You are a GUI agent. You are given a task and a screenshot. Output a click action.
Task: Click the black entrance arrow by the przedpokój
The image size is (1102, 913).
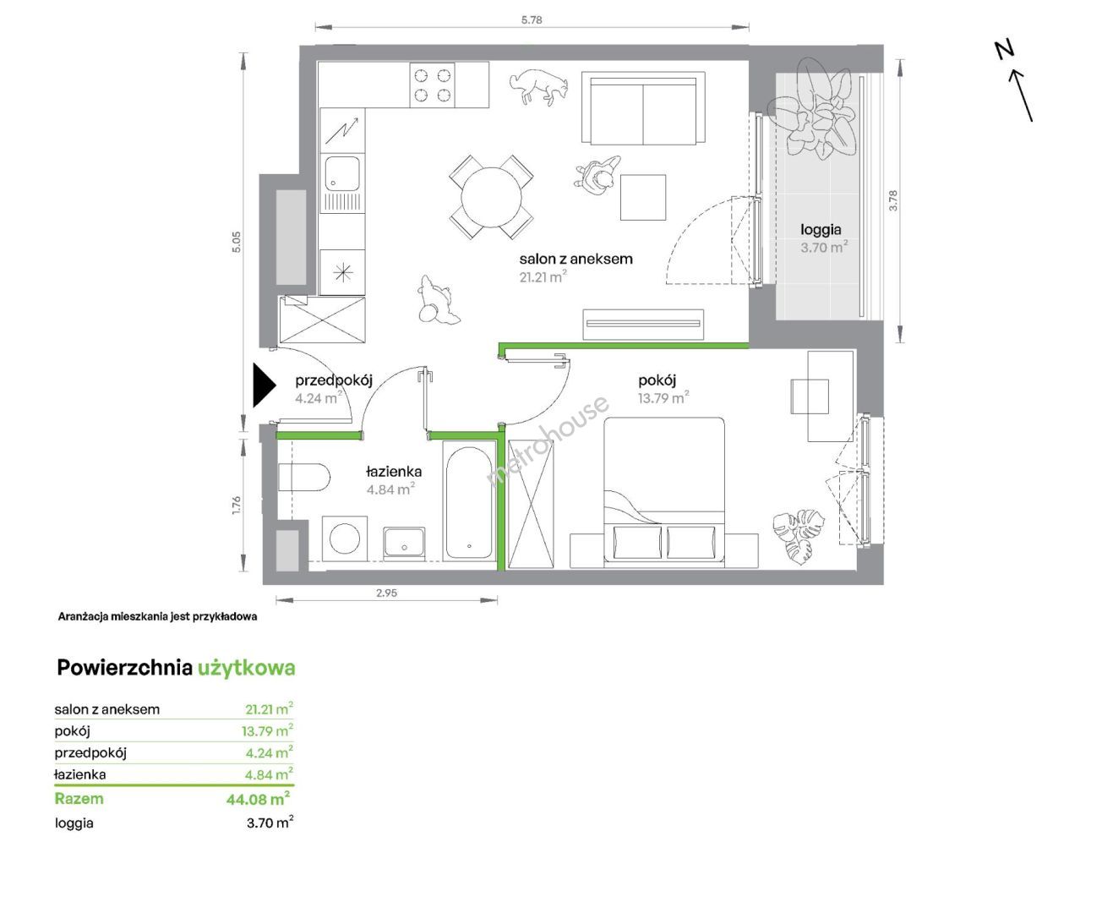263,385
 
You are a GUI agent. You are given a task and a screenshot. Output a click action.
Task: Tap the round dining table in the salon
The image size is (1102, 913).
491,198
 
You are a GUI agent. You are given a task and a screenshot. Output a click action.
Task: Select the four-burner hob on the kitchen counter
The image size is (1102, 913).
432,85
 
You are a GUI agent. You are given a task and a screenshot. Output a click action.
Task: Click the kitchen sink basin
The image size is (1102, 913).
342,173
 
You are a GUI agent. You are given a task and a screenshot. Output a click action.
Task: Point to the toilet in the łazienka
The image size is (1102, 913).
303,478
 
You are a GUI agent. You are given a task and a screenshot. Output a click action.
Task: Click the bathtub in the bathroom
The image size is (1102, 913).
469,503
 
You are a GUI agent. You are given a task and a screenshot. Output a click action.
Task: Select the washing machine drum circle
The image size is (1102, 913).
345,539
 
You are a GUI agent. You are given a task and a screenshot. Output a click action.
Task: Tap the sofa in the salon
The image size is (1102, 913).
643,107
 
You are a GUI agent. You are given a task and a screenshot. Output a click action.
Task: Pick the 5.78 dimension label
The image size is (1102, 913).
532,20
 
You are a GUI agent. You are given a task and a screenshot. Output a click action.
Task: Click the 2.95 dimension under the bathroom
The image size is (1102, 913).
386,593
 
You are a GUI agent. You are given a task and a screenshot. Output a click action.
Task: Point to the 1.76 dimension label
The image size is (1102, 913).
236,505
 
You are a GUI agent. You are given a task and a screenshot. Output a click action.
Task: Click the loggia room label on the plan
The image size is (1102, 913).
821,230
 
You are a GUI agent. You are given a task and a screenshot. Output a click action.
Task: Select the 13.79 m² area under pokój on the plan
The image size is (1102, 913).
663,397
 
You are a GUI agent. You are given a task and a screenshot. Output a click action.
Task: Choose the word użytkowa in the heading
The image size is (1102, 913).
247,669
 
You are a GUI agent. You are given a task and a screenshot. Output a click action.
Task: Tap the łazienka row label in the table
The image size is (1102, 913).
80,774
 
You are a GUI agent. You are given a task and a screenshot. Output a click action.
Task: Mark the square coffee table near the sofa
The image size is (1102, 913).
643,198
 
